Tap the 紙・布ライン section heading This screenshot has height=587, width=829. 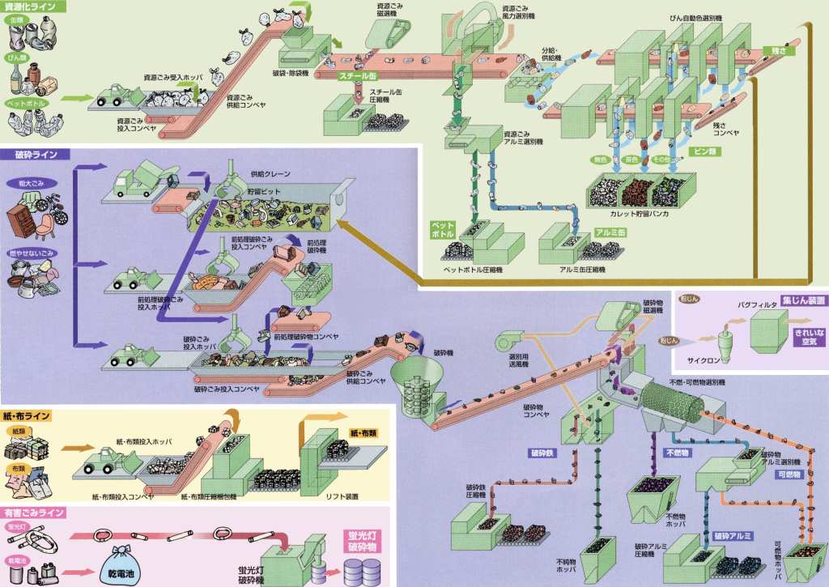[x=28, y=416]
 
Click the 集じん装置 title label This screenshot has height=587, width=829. [x=803, y=300]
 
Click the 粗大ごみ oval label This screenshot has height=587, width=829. [x=28, y=184]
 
